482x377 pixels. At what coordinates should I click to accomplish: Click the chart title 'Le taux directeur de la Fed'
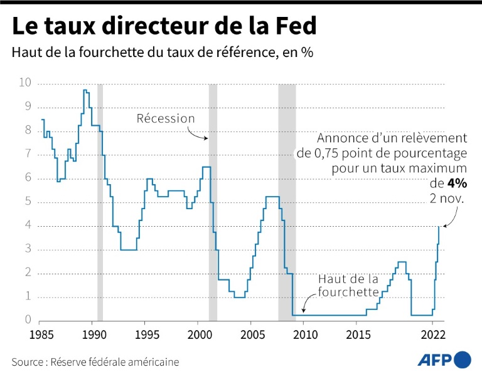click(x=164, y=27)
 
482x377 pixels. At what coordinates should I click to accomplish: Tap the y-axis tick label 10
click(x=25, y=83)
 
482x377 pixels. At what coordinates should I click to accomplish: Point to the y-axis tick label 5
click(x=28, y=202)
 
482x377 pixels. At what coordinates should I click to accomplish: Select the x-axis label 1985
click(x=41, y=333)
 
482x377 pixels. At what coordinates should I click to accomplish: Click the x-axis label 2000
click(x=198, y=333)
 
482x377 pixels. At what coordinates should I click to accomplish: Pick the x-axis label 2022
click(x=432, y=333)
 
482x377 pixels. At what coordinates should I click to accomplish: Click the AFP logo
click(x=444, y=359)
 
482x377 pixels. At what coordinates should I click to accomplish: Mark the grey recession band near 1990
click(x=100, y=200)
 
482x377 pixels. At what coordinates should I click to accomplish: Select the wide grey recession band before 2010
click(x=287, y=200)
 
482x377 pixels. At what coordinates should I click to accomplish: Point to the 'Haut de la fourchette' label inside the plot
click(x=348, y=285)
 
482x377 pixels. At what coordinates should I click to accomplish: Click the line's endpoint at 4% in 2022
click(x=439, y=226)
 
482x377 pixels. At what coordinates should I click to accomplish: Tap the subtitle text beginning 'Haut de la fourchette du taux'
click(x=162, y=53)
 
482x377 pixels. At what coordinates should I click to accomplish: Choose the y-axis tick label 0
click(x=28, y=320)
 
